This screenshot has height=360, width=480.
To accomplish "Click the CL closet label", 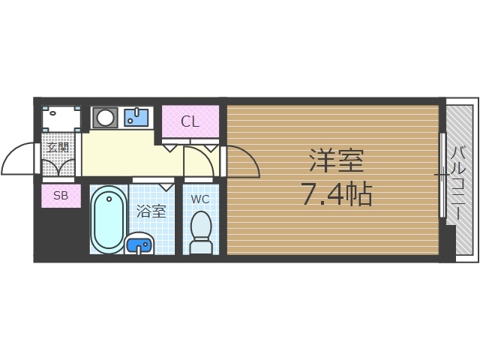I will point(190,121).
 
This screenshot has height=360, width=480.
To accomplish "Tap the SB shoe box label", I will point(61,196).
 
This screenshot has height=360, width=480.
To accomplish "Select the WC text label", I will point(199,199).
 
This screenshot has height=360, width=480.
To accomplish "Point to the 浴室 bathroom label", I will point(151,211).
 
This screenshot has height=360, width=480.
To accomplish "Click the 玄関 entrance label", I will point(58,148).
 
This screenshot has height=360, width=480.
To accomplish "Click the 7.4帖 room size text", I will point(336,195).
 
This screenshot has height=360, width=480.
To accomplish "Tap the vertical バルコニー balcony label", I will point(457,180).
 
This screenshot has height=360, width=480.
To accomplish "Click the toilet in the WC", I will point(200,232).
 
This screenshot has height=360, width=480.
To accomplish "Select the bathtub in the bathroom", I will point(109,219).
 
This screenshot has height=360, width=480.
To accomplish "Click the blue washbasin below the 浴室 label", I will point(139,244).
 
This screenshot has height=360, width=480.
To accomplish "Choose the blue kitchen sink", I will point(136,116).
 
